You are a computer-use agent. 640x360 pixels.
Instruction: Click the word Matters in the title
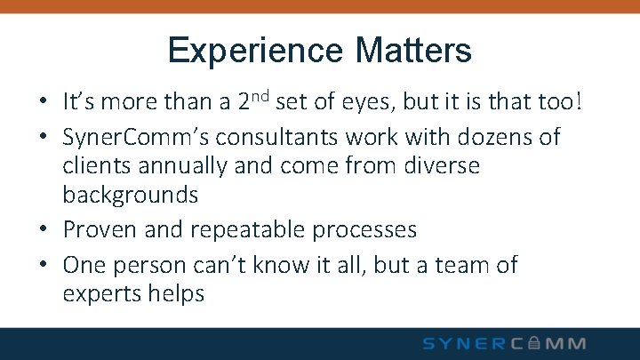click(x=412, y=51)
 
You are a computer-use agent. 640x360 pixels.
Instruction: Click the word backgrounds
click(x=130, y=195)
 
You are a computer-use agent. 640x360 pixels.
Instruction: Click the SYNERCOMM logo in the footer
click(x=505, y=343)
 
